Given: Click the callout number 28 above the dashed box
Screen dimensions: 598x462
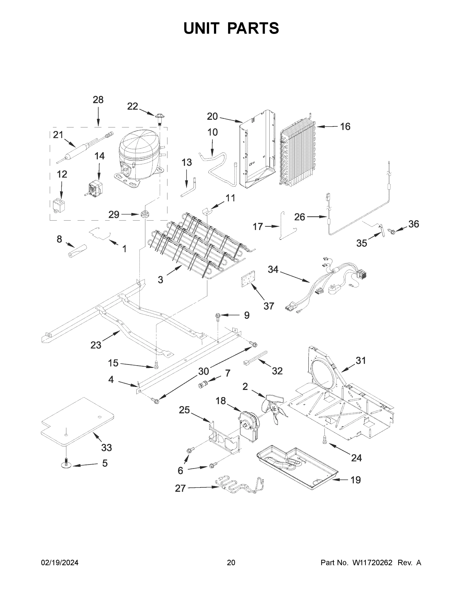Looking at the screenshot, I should point(98,100).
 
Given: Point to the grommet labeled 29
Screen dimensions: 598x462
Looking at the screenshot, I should point(145,214).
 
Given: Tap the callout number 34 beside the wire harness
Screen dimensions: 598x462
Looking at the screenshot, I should point(273,269).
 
